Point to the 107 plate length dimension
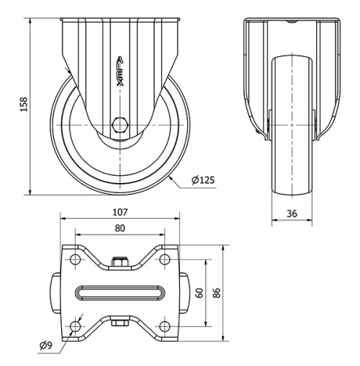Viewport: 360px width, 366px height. click(x=120, y=213)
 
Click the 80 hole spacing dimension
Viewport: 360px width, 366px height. click(x=120, y=228)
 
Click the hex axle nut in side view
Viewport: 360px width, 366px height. click(x=120, y=124)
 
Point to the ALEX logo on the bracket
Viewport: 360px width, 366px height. click(x=120, y=72)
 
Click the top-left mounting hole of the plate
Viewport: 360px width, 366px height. click(x=76, y=258)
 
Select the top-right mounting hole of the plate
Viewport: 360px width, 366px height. click(x=164, y=258)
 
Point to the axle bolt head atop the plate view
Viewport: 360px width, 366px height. click(x=120, y=262)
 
